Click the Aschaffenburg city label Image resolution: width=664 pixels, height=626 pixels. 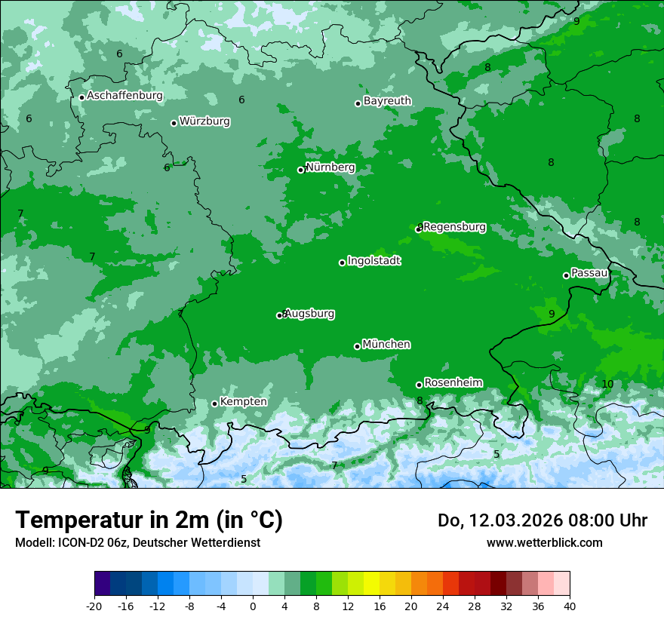pyautogui.click(x=124, y=96)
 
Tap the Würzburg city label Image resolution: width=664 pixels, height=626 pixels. pyautogui.click(x=204, y=121)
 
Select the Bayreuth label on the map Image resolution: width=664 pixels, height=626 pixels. pyautogui.click(x=387, y=101)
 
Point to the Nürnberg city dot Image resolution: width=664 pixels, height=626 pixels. pyautogui.click(x=300, y=170)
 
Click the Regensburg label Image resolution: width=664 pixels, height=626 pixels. pyautogui.click(x=454, y=227)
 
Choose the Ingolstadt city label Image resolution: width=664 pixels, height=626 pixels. pyautogui.click(x=373, y=261)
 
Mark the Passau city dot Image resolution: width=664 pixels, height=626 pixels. pyautogui.click(x=566, y=275)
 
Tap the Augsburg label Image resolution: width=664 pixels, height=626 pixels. pyautogui.click(x=309, y=314)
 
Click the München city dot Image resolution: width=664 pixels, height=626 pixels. pyautogui.click(x=357, y=346)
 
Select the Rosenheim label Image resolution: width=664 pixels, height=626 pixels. pyautogui.click(x=453, y=383)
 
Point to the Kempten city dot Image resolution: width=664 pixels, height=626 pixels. pyautogui.click(x=214, y=404)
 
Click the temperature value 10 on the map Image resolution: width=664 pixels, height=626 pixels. pyautogui.click(x=607, y=385)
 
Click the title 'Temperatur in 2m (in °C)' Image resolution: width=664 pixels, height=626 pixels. pyautogui.click(x=149, y=520)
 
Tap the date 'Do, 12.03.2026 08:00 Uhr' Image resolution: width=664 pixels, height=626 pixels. pyautogui.click(x=542, y=520)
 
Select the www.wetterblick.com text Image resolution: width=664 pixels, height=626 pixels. pyautogui.click(x=544, y=542)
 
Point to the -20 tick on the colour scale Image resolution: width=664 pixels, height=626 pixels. pyautogui.click(x=94, y=606)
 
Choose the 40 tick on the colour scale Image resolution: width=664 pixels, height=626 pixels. pyautogui.click(x=569, y=606)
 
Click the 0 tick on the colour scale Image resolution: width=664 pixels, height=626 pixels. pyautogui.click(x=253, y=606)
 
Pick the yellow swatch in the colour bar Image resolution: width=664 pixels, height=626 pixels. pyautogui.click(x=371, y=584)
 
